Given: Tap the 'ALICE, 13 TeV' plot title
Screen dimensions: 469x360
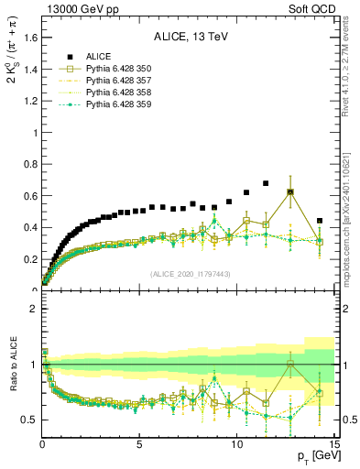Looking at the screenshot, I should coord(190,38).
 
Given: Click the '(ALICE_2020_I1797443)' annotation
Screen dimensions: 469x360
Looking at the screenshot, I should coord(190,275).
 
